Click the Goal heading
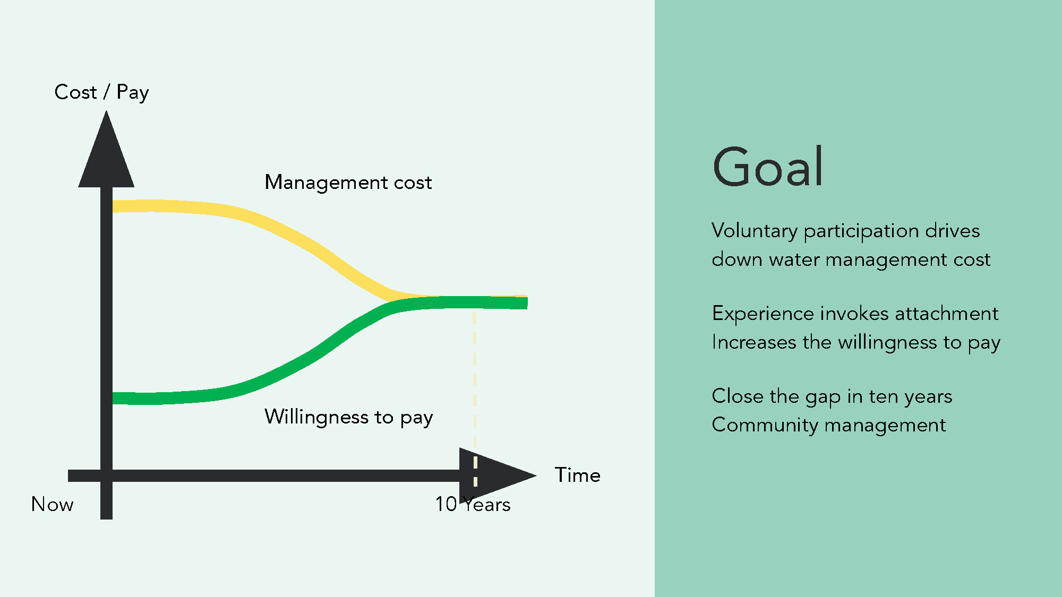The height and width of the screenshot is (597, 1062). point(767,167)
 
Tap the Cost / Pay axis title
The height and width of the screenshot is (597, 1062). point(101,92)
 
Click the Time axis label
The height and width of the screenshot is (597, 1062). point(578,475)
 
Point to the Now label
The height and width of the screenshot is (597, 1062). point(53,504)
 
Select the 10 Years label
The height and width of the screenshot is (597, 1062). point(473,504)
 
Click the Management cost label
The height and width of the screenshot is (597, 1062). point(348,183)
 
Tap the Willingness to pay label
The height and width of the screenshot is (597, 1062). point(349,418)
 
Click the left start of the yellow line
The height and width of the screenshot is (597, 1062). point(113,206)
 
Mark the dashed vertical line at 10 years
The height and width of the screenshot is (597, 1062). point(475,398)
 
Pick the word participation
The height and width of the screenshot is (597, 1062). point(861,231)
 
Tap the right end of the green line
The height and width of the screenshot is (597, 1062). point(527,303)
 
